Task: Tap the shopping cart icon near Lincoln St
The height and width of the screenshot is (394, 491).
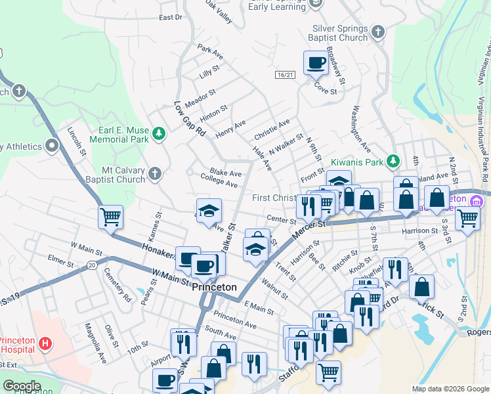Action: pos(110,216)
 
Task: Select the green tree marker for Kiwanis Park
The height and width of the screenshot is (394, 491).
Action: pos(393,161)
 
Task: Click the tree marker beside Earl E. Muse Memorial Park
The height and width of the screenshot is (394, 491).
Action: pos(158,134)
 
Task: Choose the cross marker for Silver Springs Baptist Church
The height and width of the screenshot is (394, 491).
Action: pos(378,32)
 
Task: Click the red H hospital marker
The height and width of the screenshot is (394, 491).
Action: pos(45,343)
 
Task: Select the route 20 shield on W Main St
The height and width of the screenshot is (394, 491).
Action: pos(91,265)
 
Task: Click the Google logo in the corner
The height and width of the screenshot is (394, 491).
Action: pos(22,386)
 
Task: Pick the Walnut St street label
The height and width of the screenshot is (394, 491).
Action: pos(274,288)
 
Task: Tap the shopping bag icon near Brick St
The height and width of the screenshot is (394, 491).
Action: pos(422,286)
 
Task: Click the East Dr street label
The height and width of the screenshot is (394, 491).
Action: pos(169,17)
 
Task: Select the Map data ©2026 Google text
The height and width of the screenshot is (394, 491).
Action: pos(450,389)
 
